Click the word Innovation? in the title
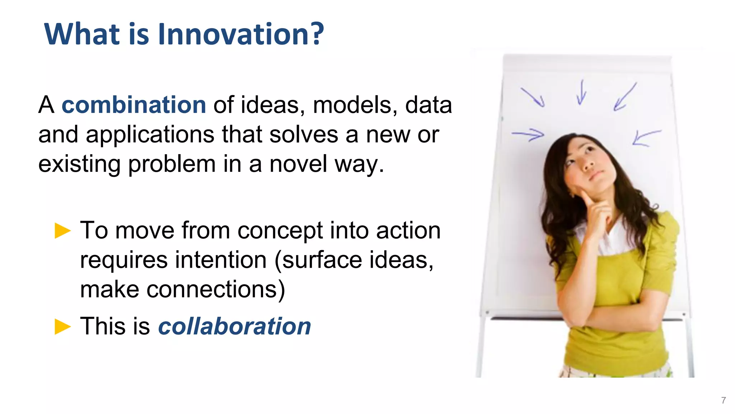[x=240, y=34]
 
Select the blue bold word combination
[x=134, y=105]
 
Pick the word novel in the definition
[x=298, y=164]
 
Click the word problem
[x=172, y=165]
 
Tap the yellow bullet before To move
[x=63, y=231]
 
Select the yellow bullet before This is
[x=63, y=326]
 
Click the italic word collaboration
[x=234, y=326]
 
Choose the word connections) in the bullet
[x=216, y=290]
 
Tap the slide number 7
[x=724, y=400]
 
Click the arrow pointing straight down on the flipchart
[x=581, y=93]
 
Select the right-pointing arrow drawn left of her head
[x=528, y=135]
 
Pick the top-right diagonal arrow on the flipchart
[x=625, y=97]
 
